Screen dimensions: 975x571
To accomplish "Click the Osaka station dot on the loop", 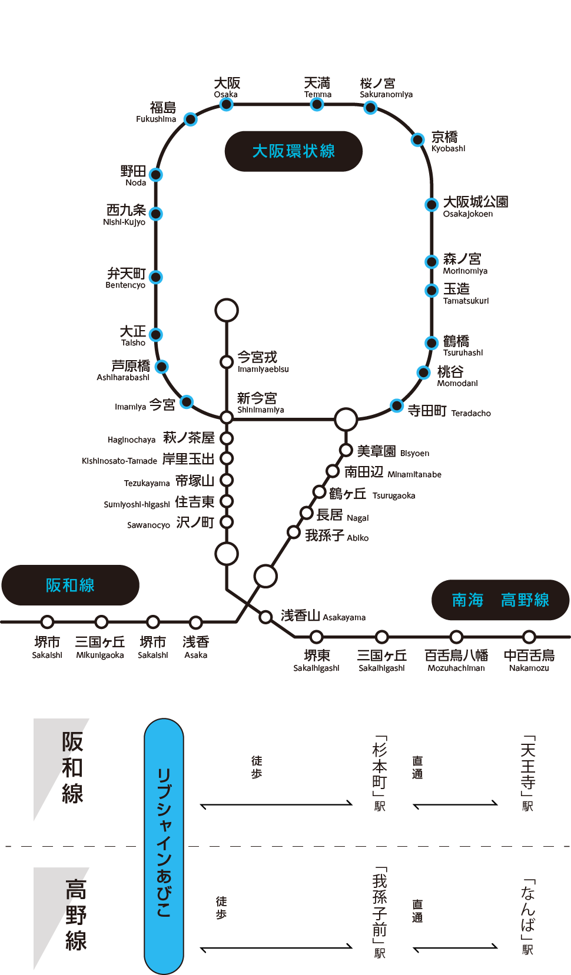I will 226,105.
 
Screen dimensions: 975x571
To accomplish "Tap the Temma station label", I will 317,87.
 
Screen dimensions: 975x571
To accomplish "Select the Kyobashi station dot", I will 417,139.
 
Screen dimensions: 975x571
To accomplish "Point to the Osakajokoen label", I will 475,207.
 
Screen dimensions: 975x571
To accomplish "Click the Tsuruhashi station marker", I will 431,343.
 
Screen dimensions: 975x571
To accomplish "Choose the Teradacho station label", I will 449,411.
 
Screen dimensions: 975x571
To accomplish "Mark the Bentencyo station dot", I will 156,277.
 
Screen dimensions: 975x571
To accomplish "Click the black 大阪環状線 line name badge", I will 293,151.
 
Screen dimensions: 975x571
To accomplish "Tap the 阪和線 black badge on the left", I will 70,585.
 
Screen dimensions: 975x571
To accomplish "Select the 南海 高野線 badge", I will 500,600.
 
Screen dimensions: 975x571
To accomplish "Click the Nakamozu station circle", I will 529,637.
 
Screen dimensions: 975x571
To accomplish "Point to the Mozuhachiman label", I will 456,660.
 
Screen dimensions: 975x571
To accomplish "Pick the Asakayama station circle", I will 266,617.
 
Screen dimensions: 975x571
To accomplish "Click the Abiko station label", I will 336,536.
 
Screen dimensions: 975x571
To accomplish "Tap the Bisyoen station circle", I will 346,450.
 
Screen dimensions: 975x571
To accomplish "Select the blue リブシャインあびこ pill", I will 164,846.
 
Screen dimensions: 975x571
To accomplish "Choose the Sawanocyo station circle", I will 227,523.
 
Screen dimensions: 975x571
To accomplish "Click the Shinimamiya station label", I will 259,403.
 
